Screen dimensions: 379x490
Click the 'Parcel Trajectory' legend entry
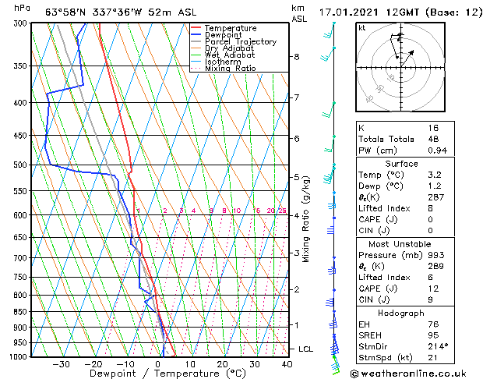click(x=240, y=41)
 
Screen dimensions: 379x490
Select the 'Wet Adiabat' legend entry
click(x=231, y=55)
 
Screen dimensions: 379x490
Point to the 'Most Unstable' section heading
click(x=401, y=244)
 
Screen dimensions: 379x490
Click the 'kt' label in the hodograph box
click(x=362, y=27)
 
